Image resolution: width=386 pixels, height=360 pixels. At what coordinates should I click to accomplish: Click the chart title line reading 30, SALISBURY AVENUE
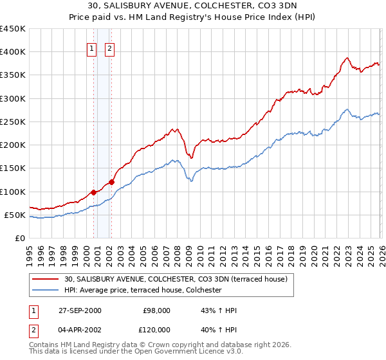pyautogui.click(x=193, y=6)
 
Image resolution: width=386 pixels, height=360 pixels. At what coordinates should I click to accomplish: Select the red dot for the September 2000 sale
pyautogui.click(x=94, y=192)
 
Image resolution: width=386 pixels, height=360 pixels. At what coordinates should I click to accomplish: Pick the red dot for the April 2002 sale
pyautogui.click(x=111, y=182)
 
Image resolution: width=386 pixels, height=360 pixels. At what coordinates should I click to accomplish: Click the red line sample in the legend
pyautogui.click(x=45, y=280)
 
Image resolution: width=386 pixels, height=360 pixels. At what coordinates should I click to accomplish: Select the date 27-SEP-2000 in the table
pyautogui.click(x=79, y=310)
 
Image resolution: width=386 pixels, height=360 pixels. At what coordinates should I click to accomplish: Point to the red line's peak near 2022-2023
pyautogui.click(x=347, y=58)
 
